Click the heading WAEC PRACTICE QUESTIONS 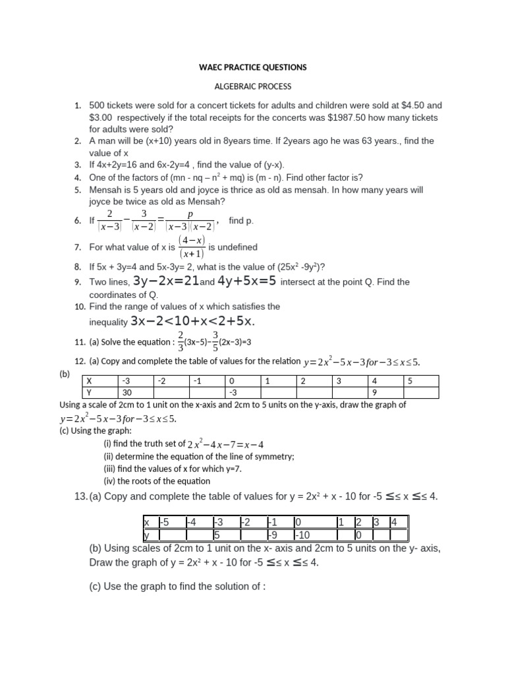[x=253, y=67]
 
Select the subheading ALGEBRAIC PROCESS [x=254, y=86]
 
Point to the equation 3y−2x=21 [x=165, y=281]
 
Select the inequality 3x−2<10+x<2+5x [x=192, y=321]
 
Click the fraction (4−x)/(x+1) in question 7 [x=192, y=247]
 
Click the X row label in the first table [x=98, y=381]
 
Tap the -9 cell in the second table [x=279, y=535]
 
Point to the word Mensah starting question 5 [x=105, y=190]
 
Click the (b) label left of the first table [x=65, y=373]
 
